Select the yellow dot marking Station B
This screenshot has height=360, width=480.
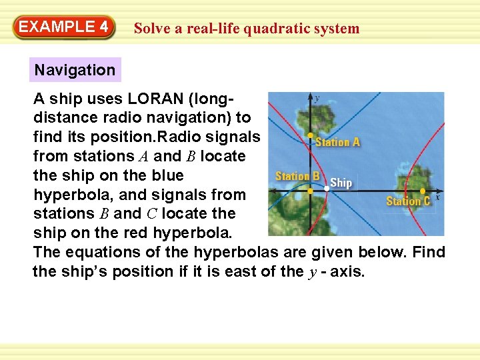tap(310, 190)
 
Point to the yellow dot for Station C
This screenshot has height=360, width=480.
tap(423, 190)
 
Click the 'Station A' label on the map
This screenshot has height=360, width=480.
tap(338, 142)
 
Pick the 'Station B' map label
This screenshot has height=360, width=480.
tap(298, 177)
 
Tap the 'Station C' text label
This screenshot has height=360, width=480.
tap(408, 201)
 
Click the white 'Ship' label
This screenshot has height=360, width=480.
tap(341, 182)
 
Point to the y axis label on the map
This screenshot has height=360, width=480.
tap(317, 97)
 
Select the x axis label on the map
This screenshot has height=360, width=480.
tap(437, 197)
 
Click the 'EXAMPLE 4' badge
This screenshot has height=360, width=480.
tap(63, 27)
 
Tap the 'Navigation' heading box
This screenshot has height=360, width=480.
tap(75, 70)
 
